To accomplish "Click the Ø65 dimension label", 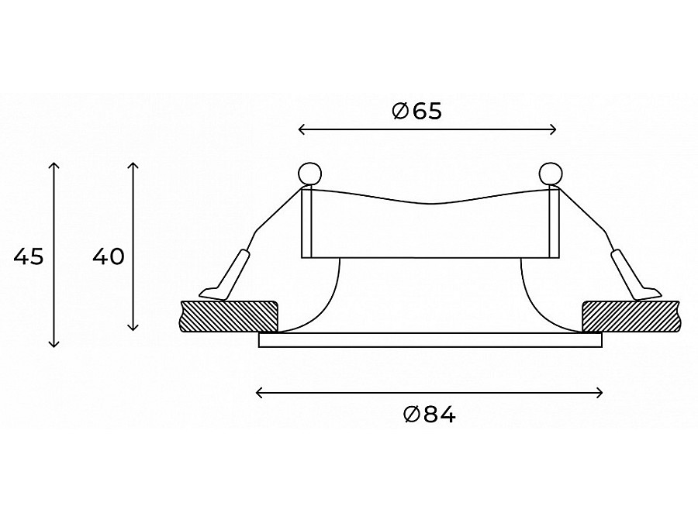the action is [x=416, y=111].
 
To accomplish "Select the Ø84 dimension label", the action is [x=430, y=415].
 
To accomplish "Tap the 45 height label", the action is [x=29, y=256].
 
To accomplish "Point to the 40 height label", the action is [x=108, y=256].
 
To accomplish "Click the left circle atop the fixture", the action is [x=309, y=174].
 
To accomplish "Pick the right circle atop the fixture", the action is [x=551, y=174].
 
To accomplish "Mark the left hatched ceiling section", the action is [x=229, y=316].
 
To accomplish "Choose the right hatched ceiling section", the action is [x=631, y=316].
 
